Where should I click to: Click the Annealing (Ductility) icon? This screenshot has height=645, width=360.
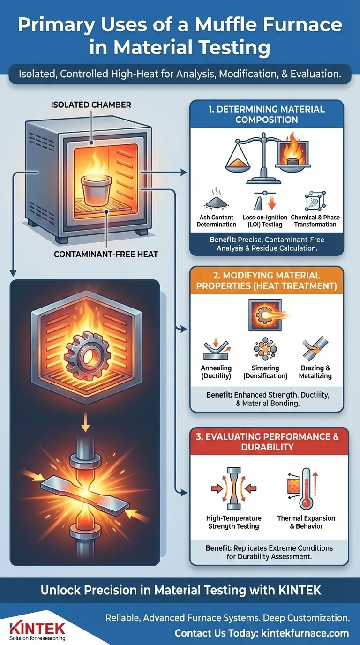pyautogui.click(x=216, y=349)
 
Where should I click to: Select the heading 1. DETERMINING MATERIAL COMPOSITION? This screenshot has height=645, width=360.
pyautogui.click(x=266, y=114)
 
